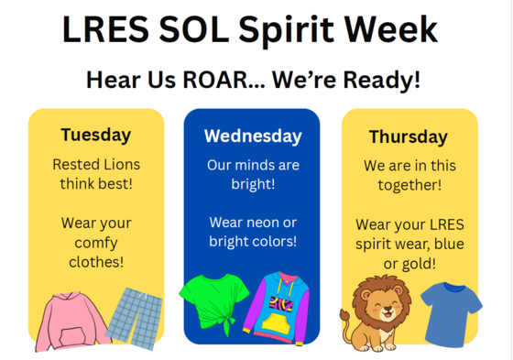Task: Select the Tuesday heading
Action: pyautogui.click(x=96, y=135)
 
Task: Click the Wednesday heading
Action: pyautogui.click(x=252, y=136)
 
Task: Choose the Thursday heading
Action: pyautogui.click(x=408, y=137)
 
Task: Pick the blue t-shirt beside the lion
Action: pyautogui.click(x=451, y=311)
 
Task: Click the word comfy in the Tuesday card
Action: pyautogui.click(x=96, y=242)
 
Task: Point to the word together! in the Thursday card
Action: pyautogui.click(x=409, y=185)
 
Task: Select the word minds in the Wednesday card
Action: pyautogui.click(x=259, y=166)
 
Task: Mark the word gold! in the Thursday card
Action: pyautogui.click(x=420, y=264)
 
